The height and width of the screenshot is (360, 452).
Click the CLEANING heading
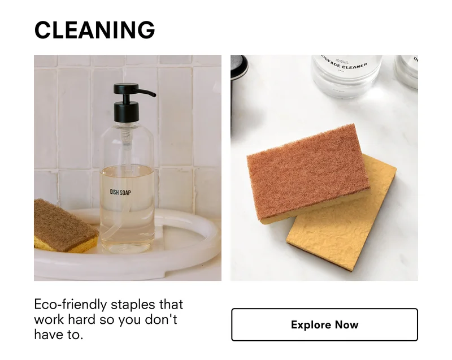click(94, 30)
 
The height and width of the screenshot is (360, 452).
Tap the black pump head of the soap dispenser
click(126, 96)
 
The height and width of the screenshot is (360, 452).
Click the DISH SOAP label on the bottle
click(120, 193)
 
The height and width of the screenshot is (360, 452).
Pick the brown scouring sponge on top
click(308, 170)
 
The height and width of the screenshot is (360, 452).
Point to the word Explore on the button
click(311, 325)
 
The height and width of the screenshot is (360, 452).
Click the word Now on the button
click(346, 325)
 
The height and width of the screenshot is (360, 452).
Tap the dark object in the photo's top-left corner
click(238, 66)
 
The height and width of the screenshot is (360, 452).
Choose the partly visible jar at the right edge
click(407, 71)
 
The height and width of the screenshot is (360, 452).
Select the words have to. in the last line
click(58, 335)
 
